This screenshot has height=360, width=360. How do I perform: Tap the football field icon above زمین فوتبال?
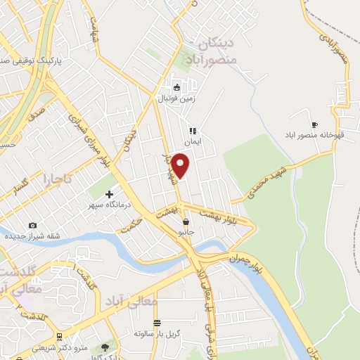176,88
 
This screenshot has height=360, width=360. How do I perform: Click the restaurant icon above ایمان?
191,130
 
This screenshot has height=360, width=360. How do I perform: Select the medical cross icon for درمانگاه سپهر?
109,194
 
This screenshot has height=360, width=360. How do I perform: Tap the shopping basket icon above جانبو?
185,221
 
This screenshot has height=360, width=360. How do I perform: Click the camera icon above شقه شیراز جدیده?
32,225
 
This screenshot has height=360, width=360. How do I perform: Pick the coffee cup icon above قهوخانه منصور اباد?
314,124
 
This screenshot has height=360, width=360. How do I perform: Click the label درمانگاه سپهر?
105,205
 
